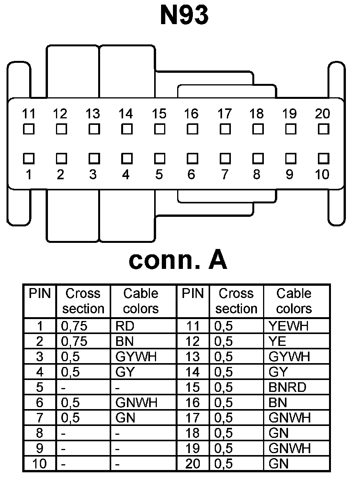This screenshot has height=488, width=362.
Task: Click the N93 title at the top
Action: pos(184,16)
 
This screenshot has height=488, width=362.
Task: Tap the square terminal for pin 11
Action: pos(29,129)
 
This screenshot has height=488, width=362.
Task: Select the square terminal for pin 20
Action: pos(324,129)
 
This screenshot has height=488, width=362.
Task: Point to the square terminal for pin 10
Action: pos(324,158)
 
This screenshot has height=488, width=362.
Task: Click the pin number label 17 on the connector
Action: pos(224,114)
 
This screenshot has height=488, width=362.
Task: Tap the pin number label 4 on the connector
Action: pos(126,175)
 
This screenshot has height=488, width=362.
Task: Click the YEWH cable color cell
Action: pos(288,326)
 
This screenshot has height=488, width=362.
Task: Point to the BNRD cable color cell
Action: pos(287,387)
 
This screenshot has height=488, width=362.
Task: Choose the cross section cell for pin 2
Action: pos(74,341)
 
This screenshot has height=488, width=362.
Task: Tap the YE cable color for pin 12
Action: pos(278,341)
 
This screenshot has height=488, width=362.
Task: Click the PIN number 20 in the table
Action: pos(193,464)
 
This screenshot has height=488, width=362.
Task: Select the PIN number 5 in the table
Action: pos(40,387)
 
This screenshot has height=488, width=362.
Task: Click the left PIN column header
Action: pos(40,294)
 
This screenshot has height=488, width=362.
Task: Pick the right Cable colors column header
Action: pos(294,301)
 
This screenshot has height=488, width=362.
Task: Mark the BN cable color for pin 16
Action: pos(278,403)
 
